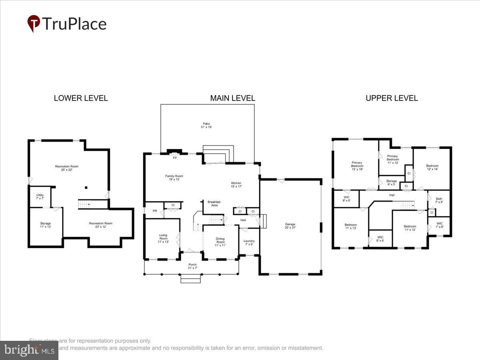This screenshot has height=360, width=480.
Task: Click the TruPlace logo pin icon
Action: [x=34, y=23]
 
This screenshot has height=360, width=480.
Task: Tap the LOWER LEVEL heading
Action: [x=81, y=98]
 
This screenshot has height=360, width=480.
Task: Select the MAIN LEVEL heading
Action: [x=232, y=98]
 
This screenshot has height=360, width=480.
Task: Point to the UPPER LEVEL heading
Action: [x=392, y=98]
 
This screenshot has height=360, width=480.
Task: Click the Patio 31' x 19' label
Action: [x=206, y=125]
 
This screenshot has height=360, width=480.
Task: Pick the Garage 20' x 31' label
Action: [x=290, y=226]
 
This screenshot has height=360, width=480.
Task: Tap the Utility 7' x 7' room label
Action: [x=40, y=197]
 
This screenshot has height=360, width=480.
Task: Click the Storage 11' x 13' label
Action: [x=45, y=225]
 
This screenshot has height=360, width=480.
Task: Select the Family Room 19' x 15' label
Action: [x=174, y=178]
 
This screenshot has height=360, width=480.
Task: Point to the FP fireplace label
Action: [x=174, y=158]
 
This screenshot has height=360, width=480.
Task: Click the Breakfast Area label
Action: [x=214, y=204]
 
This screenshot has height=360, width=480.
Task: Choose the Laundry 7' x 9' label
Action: [x=249, y=243]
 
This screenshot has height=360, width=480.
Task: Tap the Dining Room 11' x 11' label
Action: [x=220, y=242]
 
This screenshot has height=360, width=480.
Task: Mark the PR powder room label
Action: [x=154, y=211]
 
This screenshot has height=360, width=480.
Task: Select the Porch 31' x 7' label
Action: [x=193, y=266]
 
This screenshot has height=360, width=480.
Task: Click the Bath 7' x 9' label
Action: [x=439, y=200]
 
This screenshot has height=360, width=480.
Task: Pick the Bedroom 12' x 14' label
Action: [x=432, y=168]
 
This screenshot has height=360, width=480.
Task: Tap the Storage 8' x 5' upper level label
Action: [x=391, y=183]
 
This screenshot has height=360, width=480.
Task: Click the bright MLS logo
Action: [x=29, y=350]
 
